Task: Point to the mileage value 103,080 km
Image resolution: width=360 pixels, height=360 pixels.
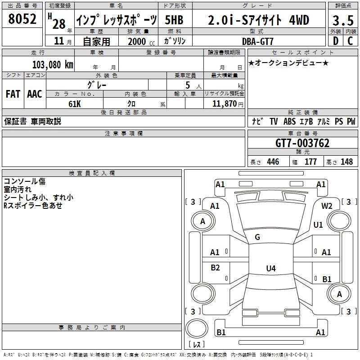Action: [53, 64]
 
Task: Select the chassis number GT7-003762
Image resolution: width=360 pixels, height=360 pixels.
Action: [302, 143]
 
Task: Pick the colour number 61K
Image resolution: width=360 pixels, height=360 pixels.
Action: [75, 103]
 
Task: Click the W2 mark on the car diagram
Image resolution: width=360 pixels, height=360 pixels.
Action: [327, 206]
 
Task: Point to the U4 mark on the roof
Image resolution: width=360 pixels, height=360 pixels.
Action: [270, 269]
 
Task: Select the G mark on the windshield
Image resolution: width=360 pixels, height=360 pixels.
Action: [257, 237]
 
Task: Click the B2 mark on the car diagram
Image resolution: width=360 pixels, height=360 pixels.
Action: [215, 268]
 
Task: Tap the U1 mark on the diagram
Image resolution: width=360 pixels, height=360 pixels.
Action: [318, 225]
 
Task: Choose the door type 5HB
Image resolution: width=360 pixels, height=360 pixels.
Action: [174, 19]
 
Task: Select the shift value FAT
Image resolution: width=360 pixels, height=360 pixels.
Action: [13, 94]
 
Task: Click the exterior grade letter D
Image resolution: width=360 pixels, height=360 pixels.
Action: [335, 41]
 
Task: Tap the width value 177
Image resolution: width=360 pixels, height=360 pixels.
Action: [310, 162]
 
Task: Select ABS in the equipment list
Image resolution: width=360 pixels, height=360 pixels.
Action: [290, 121]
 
